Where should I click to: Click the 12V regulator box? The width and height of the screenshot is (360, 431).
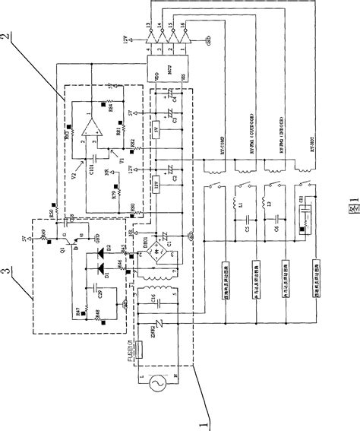tap(157, 185)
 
